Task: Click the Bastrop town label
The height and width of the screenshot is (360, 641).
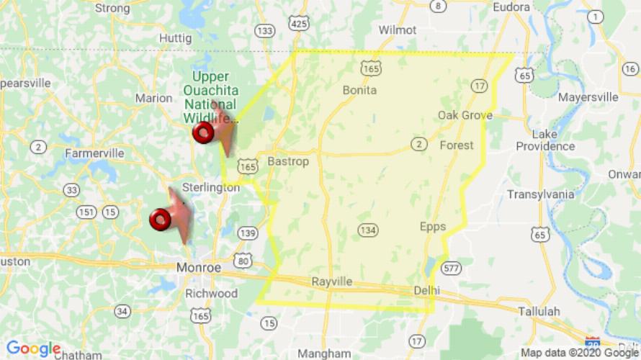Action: pos(287,161)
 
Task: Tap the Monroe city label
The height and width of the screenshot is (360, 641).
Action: pos(198,267)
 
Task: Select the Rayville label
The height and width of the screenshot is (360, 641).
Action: pos(332,282)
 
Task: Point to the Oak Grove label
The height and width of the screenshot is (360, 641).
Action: pos(465,115)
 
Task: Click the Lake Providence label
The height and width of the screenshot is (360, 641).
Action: pos(545,140)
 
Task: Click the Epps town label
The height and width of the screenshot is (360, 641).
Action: pos(433,227)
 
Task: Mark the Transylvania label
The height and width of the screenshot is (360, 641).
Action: pos(540,194)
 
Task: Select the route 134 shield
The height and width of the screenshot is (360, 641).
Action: pos(367,230)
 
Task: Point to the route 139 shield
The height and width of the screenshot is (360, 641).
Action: pos(248,233)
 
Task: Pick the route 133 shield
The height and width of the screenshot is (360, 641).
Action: pos(265,30)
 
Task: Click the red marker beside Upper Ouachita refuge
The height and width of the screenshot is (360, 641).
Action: pos(204,132)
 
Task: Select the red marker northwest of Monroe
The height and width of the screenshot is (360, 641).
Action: pos(160,219)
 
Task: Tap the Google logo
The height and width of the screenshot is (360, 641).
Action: pos(33,349)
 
